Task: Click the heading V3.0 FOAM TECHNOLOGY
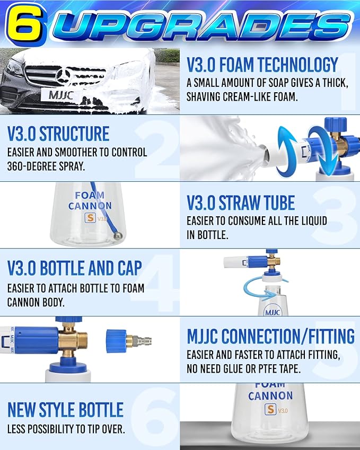[262, 65]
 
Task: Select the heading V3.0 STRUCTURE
[58, 134]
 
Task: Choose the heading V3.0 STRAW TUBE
[241, 203]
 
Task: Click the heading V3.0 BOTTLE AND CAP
[75, 268]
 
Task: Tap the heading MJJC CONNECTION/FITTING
[270, 336]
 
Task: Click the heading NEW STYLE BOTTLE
[65, 410]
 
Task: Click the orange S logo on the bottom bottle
[269, 410]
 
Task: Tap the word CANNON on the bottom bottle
[270, 395]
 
